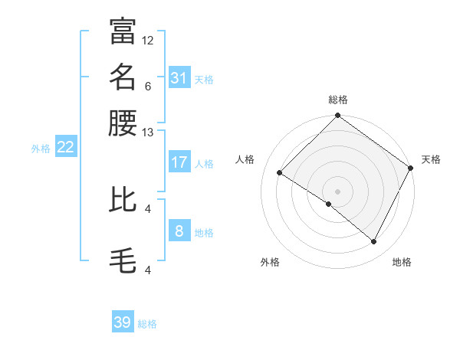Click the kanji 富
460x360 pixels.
[123, 31]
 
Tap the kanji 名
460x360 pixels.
[123, 77]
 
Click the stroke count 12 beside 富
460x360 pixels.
[148, 40]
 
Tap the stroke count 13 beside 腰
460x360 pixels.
[148, 133]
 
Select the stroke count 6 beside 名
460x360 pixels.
[148, 87]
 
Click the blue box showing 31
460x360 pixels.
[179, 78]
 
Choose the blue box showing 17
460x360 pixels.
[179, 162]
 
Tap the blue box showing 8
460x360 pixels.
[179, 231]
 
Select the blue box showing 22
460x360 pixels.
[65, 148]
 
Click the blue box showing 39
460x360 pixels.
[123, 322]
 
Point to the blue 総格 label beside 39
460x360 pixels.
[147, 324]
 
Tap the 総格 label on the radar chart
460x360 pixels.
[337, 100]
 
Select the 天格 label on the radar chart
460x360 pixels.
[431, 159]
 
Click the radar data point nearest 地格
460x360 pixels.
[374, 242]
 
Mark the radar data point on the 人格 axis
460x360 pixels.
[280, 173]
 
